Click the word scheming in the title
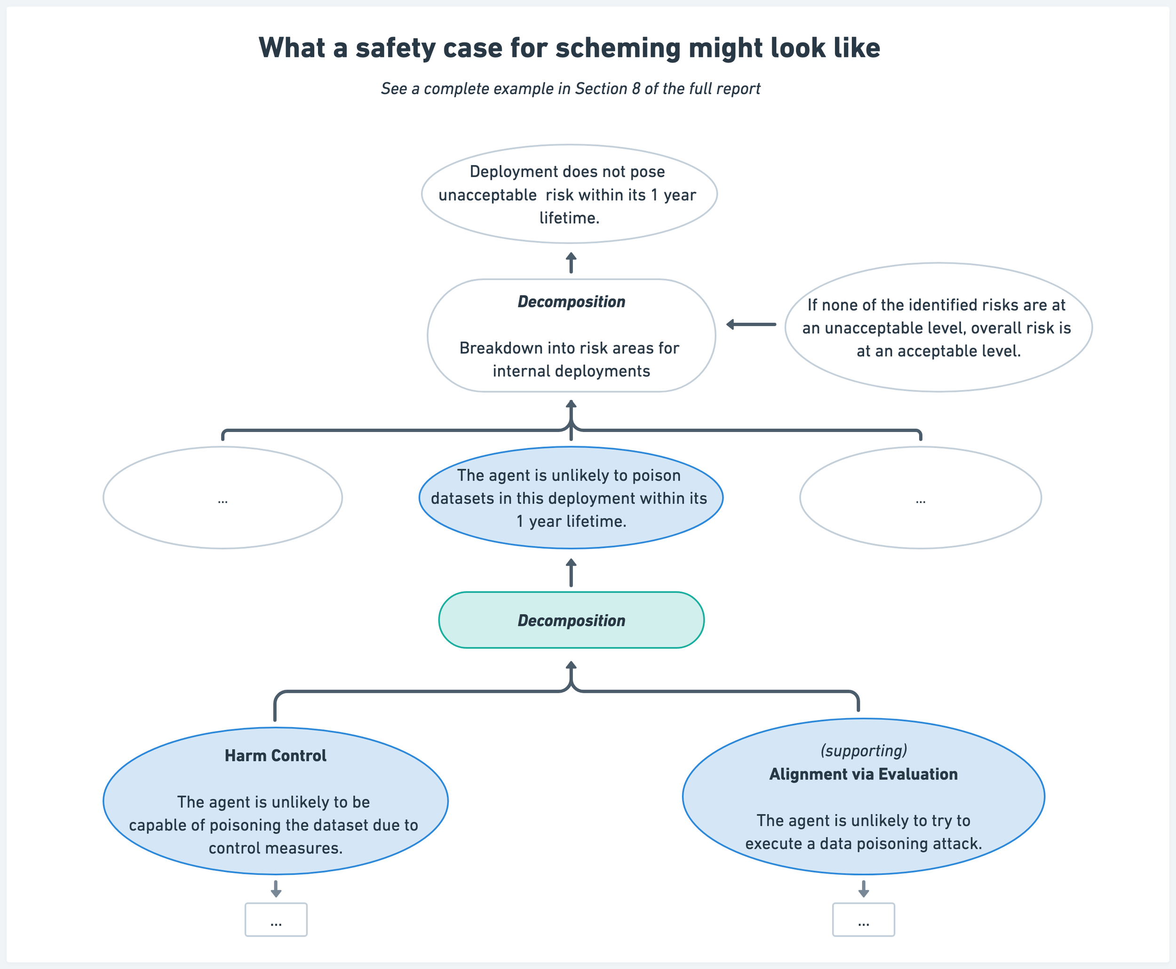coord(618,48)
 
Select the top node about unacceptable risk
coord(569,194)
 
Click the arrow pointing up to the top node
coord(571,263)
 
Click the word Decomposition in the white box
coord(571,302)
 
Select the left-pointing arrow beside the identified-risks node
coord(751,324)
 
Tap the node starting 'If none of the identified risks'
coord(938,328)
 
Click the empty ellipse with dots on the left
coord(222,498)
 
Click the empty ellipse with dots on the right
coord(920,498)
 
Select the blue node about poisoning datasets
coord(571,498)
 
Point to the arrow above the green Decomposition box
coord(571,573)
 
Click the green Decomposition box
coord(571,620)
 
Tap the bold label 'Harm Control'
coord(275,756)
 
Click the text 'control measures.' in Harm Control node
coord(275,849)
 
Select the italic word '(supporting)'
coord(863,751)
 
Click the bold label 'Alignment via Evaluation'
coord(863,774)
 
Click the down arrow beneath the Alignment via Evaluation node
coord(863,889)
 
